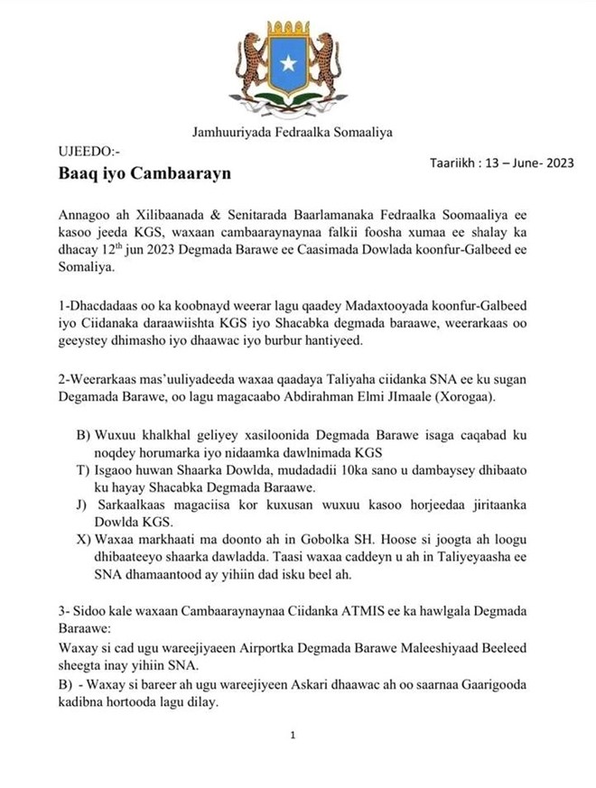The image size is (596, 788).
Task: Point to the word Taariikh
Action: (451, 162)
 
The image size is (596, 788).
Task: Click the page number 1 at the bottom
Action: (293, 736)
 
